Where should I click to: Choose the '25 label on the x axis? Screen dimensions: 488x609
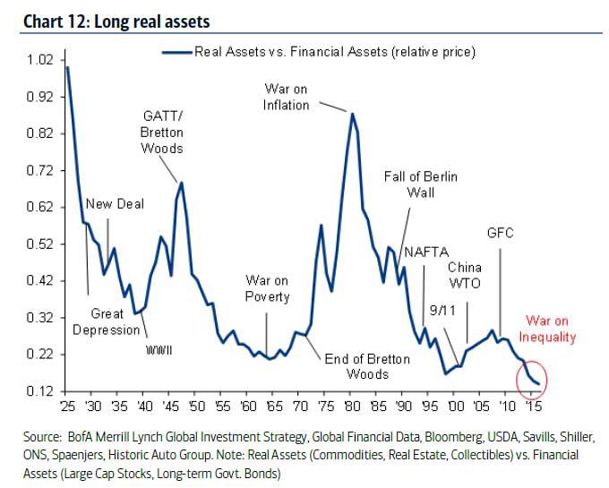[x=65, y=406]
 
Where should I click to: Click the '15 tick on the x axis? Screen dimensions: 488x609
[x=532, y=406]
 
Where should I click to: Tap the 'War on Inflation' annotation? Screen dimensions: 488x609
[x=287, y=97]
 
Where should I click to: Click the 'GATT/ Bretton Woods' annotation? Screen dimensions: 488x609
[x=162, y=133]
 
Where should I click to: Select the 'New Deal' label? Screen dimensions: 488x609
[x=115, y=204]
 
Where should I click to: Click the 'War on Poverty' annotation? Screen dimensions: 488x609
[x=267, y=289]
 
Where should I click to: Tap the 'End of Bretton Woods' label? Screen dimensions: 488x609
[x=366, y=366]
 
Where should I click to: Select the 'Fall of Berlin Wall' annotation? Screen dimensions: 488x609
[x=420, y=184]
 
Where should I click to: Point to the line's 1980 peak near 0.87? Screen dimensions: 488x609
[x=352, y=114]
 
